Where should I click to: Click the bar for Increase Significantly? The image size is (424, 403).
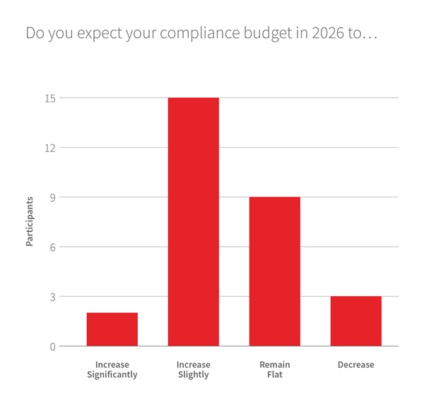tap(112, 329)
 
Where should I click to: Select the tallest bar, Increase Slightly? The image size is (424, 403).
tap(193, 222)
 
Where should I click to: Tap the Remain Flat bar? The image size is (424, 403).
tap(274, 271)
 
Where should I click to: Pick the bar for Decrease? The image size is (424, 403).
tap(355, 321)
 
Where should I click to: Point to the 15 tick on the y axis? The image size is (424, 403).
tap(51, 98)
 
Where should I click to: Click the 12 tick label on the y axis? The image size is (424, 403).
tap(51, 148)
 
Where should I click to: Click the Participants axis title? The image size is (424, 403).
tap(30, 222)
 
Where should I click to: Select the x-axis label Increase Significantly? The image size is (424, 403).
tap(112, 370)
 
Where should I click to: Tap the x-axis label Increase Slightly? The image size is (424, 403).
tap(193, 370)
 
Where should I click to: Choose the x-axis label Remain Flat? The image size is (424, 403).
tap(274, 370)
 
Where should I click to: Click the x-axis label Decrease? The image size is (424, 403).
tap(355, 365)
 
